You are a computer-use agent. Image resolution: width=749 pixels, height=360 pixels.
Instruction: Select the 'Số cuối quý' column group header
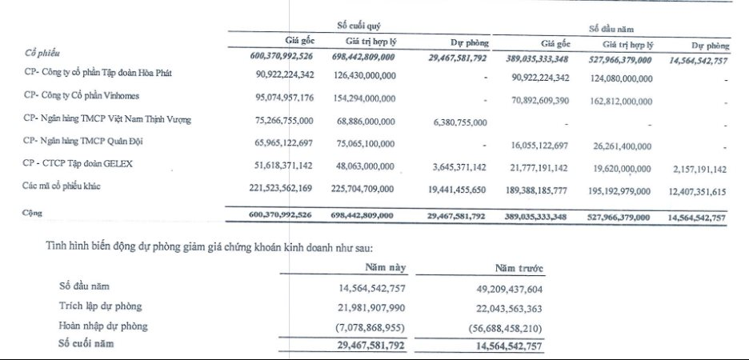pyautogui.click(x=358, y=23)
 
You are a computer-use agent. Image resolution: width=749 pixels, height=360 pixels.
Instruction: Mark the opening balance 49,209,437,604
pyautogui.click(x=515, y=288)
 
